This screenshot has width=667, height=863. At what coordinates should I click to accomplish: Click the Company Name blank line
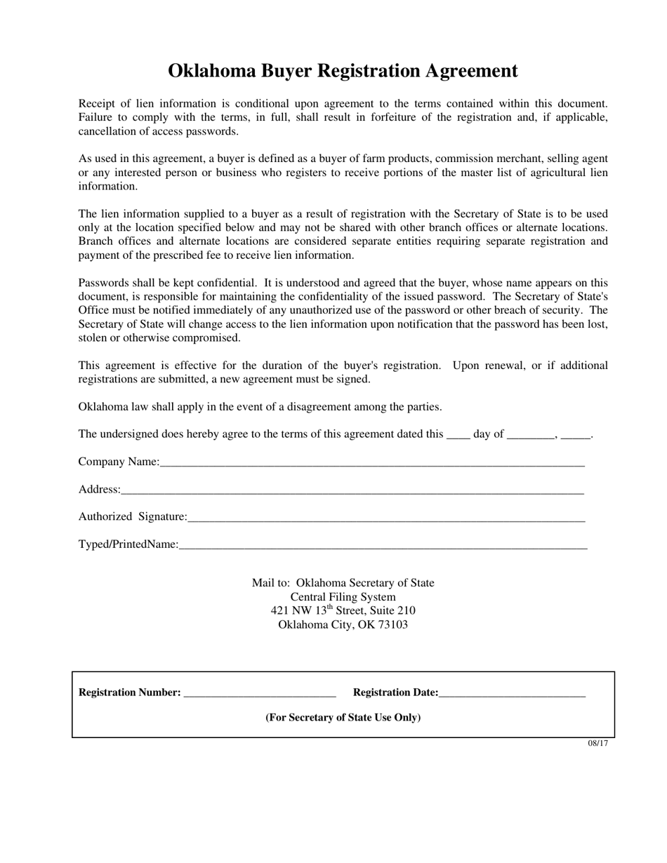click(372, 463)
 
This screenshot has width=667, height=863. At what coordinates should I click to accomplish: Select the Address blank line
click(351, 490)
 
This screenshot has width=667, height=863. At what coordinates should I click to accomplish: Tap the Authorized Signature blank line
click(386, 518)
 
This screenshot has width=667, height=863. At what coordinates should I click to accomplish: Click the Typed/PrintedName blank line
click(383, 545)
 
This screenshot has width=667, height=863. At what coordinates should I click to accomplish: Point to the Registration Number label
click(129, 693)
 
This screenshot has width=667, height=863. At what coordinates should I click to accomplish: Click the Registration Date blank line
click(512, 694)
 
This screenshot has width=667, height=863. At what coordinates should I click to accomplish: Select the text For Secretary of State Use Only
click(343, 718)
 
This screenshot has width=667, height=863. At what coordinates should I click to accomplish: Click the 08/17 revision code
click(597, 744)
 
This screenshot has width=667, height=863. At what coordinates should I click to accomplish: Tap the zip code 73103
click(392, 624)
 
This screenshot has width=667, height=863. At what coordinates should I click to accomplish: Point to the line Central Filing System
click(343, 597)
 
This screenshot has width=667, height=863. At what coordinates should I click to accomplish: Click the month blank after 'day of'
click(531, 435)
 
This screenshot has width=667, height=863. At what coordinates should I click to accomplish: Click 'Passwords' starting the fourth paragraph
click(103, 283)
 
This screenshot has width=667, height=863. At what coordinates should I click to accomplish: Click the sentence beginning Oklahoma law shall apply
click(260, 407)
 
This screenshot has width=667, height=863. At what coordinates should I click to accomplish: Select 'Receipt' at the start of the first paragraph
click(96, 104)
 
